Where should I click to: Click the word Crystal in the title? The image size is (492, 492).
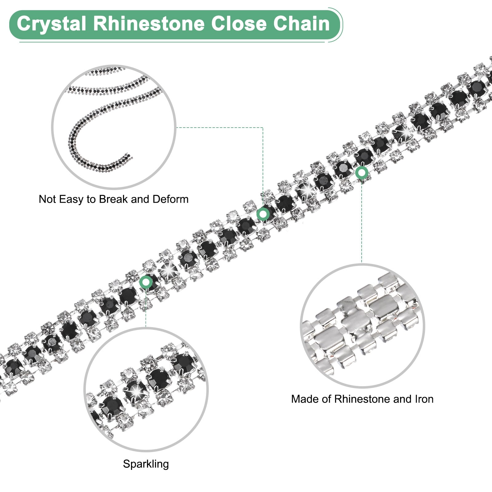click(x=51, y=24)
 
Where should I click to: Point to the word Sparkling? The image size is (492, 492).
click(x=146, y=464)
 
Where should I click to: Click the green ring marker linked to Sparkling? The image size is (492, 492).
click(x=146, y=282)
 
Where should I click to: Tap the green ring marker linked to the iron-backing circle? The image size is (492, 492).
click(x=362, y=173)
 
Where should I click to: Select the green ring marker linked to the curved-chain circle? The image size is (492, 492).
click(x=263, y=213)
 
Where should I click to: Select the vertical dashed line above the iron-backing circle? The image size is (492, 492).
click(x=362, y=221)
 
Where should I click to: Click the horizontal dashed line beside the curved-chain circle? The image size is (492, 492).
click(x=220, y=127)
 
